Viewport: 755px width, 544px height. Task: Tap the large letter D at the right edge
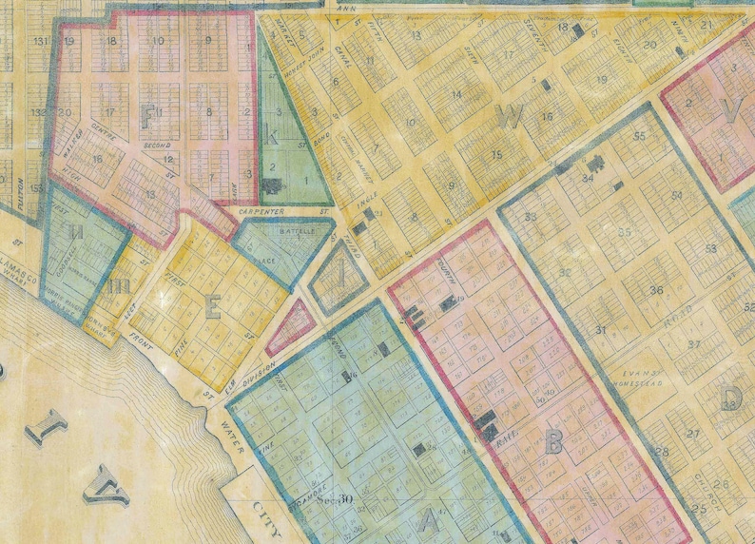click(x=732, y=396)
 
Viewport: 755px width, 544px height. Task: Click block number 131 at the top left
click(x=39, y=42)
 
